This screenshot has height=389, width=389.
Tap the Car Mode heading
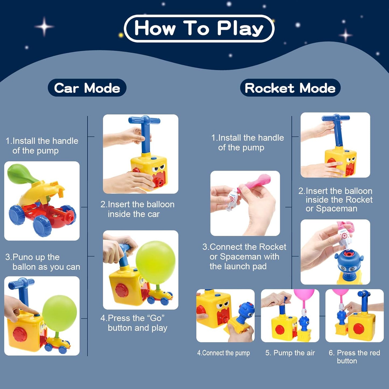coord(87,88)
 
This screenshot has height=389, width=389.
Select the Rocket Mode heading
coord(290,88)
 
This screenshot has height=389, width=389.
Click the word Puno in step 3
coord(23,257)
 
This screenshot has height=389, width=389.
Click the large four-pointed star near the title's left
coord(44,26)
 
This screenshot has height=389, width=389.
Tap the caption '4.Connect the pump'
coord(223,353)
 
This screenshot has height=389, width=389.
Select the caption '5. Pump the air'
coord(290,353)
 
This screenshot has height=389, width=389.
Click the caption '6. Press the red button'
coord(354,357)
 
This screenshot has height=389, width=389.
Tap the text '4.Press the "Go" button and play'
coord(134,323)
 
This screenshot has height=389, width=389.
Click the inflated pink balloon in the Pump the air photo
coord(304,295)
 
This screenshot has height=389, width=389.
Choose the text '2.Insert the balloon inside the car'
coord(137,209)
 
